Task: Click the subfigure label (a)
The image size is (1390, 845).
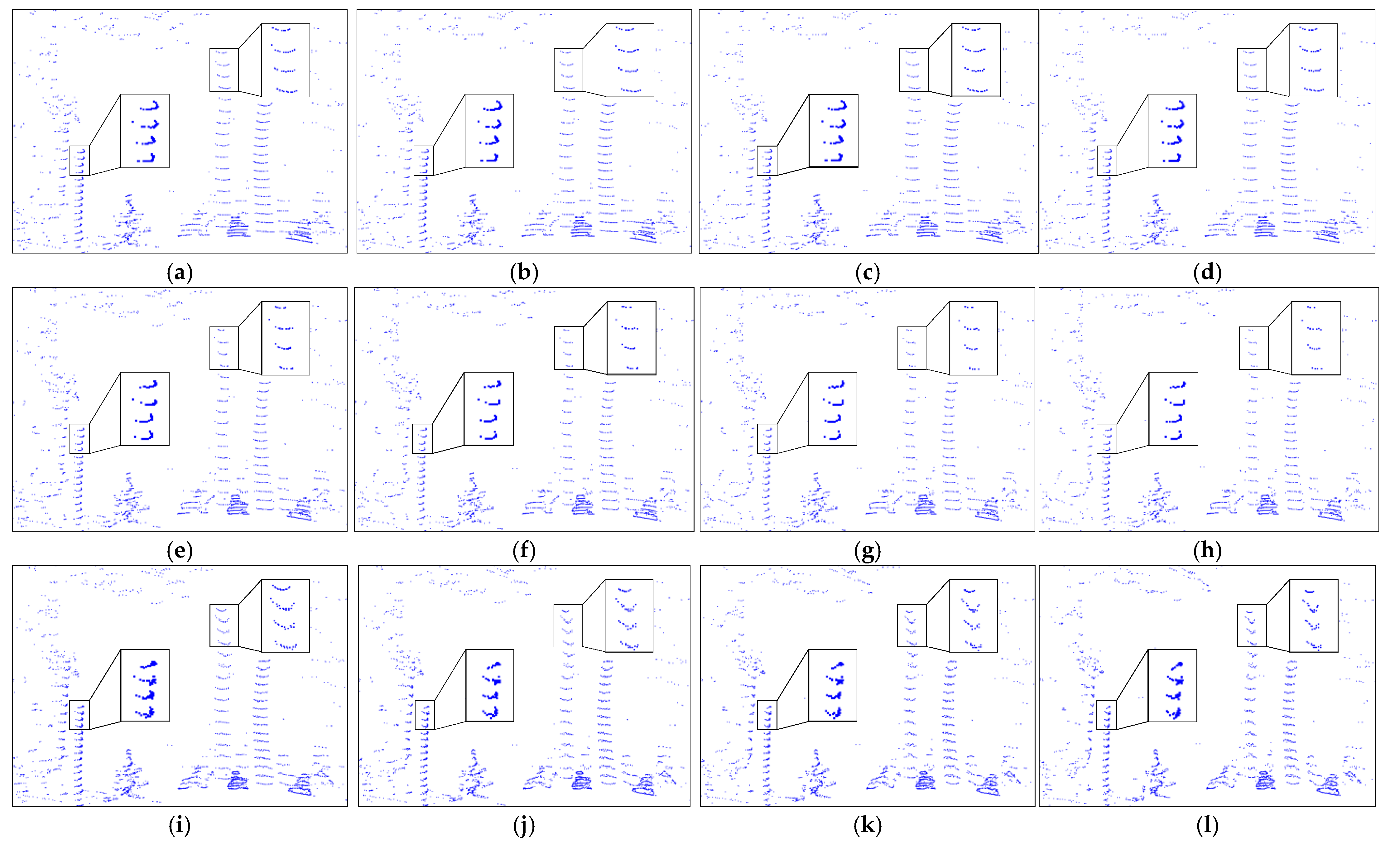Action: pyautogui.click(x=180, y=273)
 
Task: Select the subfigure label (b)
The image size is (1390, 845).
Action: pyautogui.click(x=524, y=273)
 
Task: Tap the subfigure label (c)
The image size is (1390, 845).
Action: pyautogui.click(x=868, y=273)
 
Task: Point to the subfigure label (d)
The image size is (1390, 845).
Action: pyautogui.click(x=1207, y=273)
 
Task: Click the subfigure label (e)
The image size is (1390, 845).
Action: pyautogui.click(x=180, y=551)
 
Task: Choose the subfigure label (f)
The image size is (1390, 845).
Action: pyautogui.click(x=524, y=551)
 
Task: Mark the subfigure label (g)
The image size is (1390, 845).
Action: pyautogui.click(x=868, y=551)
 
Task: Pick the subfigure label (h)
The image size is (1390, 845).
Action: pyautogui.click(x=1207, y=551)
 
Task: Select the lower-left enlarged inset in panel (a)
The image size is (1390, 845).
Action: pyautogui.click(x=145, y=131)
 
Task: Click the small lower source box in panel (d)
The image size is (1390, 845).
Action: pyautogui.click(x=1107, y=161)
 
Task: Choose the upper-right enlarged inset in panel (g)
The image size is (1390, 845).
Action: pyautogui.click(x=973, y=338)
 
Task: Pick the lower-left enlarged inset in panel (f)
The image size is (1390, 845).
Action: pyautogui.click(x=488, y=409)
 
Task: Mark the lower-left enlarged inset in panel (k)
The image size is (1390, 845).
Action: pyautogui.click(x=833, y=685)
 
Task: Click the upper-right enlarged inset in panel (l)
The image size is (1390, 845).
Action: pyautogui.click(x=1313, y=616)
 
